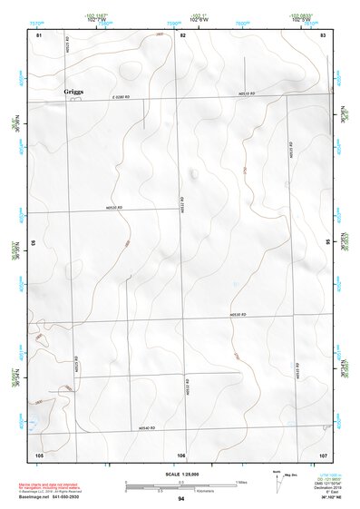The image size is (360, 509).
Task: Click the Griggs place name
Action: (74, 92)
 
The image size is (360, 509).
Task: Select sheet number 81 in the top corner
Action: (39, 34)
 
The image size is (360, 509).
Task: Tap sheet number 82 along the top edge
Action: (182, 34)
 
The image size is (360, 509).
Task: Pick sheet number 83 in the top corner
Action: (323, 34)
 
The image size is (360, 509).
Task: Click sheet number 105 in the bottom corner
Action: (39, 454)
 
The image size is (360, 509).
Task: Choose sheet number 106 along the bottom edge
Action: (181, 454)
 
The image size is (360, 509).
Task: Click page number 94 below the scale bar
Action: (181, 499)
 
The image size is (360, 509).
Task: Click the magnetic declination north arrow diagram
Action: (277, 485)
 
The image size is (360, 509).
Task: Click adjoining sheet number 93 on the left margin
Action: (34, 243)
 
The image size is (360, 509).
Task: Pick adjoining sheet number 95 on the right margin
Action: (327, 243)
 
